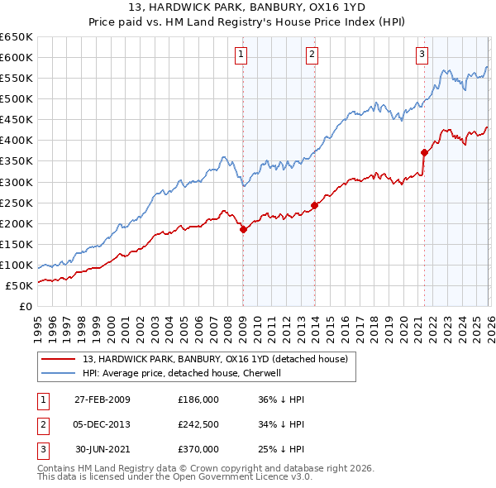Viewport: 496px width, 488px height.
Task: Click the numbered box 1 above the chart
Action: tap(241, 55)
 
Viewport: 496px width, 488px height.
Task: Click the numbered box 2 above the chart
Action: tap(312, 55)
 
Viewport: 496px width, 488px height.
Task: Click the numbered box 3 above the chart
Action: tap(422, 55)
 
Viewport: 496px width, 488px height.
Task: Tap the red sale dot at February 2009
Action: tap(243, 229)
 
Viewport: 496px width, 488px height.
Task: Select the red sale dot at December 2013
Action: tap(314, 205)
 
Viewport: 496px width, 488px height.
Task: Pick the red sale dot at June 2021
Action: tap(424, 152)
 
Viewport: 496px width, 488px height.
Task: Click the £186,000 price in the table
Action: tap(198, 399)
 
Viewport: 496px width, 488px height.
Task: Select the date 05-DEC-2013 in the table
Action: tap(103, 424)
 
